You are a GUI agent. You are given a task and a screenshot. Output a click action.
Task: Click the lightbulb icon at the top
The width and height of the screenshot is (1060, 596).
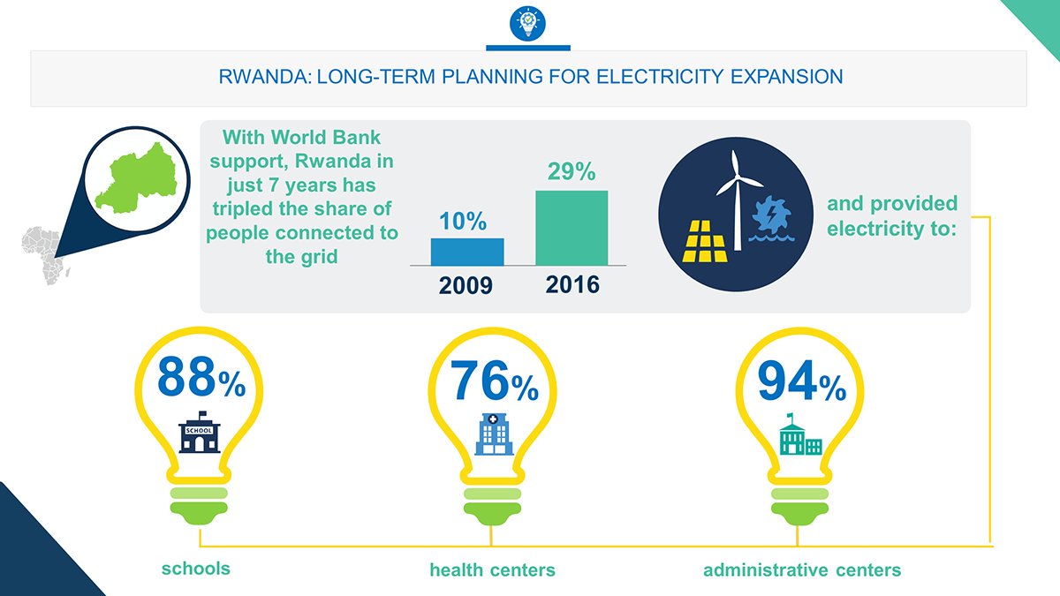click(528, 22)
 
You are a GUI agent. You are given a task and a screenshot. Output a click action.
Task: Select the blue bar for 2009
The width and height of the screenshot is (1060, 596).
click(467, 252)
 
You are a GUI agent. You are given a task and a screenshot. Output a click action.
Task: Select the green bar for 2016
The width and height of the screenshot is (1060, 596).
click(572, 227)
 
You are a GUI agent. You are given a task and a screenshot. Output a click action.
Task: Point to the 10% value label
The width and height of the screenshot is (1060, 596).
click(463, 223)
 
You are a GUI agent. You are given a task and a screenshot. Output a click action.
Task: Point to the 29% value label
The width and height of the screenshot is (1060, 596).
click(572, 171)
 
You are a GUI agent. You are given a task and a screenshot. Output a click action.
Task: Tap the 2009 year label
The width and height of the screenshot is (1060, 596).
click(467, 287)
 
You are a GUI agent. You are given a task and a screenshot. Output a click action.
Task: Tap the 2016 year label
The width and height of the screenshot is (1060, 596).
click(572, 285)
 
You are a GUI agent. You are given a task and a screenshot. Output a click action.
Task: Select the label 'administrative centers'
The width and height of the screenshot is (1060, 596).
click(802, 570)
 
